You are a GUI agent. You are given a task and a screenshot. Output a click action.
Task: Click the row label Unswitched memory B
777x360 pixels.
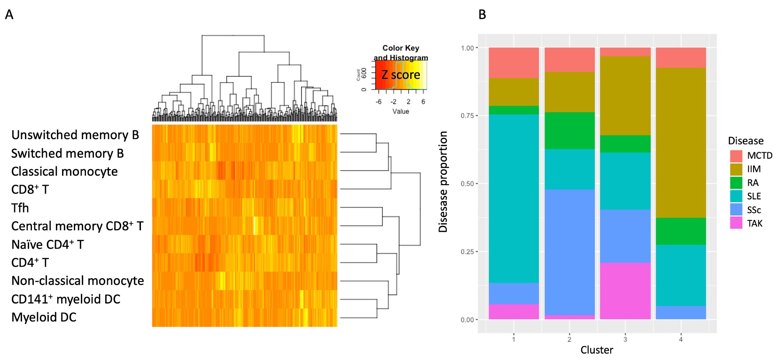pos(75,135)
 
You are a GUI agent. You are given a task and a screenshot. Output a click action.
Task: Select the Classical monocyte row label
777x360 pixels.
pos(64,172)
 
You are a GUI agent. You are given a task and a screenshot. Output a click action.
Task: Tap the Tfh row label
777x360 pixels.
pos(20,208)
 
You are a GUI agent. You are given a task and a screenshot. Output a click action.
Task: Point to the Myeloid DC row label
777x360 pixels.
pos(44,318)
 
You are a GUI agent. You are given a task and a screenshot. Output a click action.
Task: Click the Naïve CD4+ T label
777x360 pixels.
pos(47,245)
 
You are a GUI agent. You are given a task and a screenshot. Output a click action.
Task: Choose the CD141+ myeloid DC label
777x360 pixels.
pos(66,299)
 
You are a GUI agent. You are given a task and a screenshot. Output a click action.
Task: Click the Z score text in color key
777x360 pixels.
pos(401,75)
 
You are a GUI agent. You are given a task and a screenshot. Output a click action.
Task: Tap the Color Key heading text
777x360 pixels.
pos(401,48)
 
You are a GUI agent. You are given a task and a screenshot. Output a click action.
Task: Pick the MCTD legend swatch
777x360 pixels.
pos(736,156)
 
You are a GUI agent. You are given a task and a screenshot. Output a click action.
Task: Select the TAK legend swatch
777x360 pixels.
pos(736,223)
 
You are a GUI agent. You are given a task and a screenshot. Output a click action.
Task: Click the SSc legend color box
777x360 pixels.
pos(736,210)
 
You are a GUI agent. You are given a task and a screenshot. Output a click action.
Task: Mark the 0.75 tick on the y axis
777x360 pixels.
pos(467,116)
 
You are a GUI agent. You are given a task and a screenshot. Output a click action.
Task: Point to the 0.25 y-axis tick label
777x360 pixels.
pos(467,252)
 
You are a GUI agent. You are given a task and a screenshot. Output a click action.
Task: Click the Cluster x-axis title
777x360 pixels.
pos(597,350)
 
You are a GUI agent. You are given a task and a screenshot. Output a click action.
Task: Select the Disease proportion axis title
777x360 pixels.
pos(443,182)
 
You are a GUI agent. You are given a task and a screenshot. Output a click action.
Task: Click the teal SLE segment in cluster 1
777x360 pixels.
pos(513,198)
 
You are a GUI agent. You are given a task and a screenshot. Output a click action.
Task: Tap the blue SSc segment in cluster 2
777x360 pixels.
pos(569,252)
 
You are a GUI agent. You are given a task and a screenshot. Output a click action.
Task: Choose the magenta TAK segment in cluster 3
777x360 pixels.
pos(625,291)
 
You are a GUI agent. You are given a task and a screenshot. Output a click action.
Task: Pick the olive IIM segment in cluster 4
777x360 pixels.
pos(681,142)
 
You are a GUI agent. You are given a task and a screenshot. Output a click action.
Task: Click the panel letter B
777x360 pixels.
pos(482,15)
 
